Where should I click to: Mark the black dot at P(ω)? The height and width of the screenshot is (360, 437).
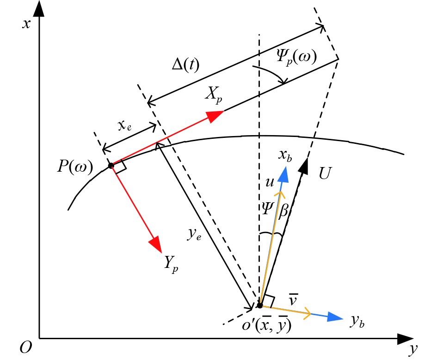[x=111, y=166]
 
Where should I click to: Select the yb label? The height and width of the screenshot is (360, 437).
[x=357, y=321]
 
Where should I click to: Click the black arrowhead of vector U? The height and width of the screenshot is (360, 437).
[x=304, y=164]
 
